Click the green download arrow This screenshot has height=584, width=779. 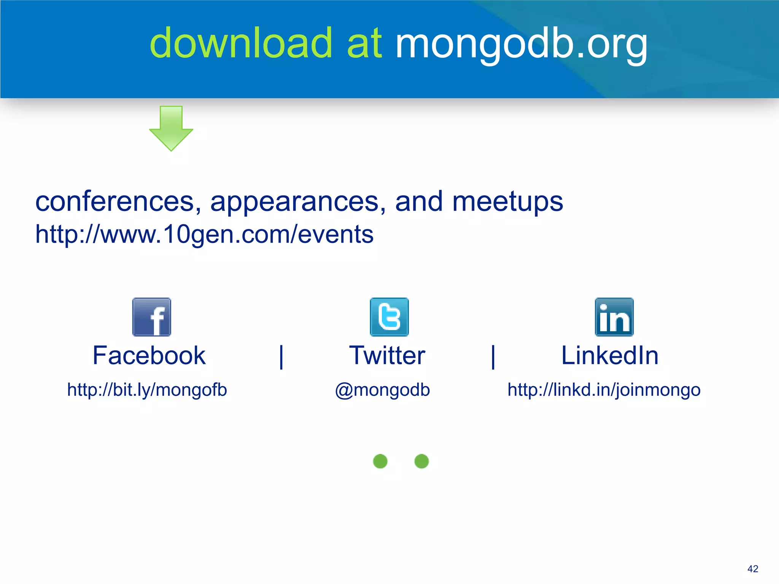tap(171, 128)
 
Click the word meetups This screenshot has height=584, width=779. tap(507, 202)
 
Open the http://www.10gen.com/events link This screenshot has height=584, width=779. tap(204, 234)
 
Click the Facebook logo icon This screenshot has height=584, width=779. tap(152, 317)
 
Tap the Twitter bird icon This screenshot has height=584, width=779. tap(389, 317)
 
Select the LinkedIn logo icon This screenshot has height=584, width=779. tap(614, 317)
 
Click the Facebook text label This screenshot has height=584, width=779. tap(149, 356)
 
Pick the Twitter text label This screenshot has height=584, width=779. tap(387, 356)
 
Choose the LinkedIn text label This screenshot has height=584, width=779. tap(610, 356)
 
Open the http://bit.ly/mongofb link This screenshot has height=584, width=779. tap(147, 390)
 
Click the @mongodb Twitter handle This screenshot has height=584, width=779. tap(382, 390)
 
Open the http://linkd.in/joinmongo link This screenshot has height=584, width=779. tap(604, 390)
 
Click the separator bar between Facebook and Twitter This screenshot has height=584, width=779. tap(281, 357)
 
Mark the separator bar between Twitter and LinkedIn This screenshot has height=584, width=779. tap(493, 357)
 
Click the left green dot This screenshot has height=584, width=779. tap(380, 461)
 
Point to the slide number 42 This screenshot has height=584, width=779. tap(752, 569)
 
